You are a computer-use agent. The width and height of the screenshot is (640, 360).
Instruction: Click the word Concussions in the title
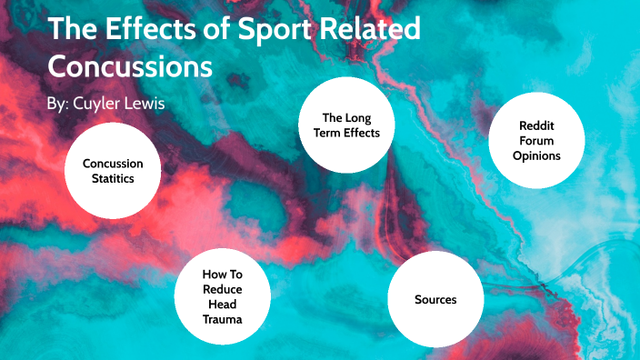(x=130, y=66)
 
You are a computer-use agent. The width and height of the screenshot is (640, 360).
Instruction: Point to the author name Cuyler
(x=97, y=103)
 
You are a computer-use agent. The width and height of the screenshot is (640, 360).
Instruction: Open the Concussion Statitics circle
(x=113, y=171)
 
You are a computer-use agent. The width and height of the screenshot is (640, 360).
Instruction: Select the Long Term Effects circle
(x=345, y=125)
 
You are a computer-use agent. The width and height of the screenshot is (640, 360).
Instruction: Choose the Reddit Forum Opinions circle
(x=535, y=142)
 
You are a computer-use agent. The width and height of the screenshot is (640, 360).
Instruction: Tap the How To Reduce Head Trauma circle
(x=223, y=295)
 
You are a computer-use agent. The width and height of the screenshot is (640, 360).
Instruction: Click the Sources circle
(x=435, y=299)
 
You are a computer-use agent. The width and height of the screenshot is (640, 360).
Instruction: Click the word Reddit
(x=535, y=126)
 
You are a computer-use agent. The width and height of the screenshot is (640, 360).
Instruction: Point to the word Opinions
(x=535, y=156)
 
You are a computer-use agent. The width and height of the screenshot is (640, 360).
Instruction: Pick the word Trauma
(x=223, y=319)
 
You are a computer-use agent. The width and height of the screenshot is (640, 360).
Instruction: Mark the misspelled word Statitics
(x=113, y=179)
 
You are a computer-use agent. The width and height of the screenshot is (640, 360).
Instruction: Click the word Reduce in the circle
(x=223, y=288)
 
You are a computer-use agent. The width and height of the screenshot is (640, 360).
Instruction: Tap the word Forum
(x=535, y=141)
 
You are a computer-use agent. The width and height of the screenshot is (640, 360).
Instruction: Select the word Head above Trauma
(x=223, y=304)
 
